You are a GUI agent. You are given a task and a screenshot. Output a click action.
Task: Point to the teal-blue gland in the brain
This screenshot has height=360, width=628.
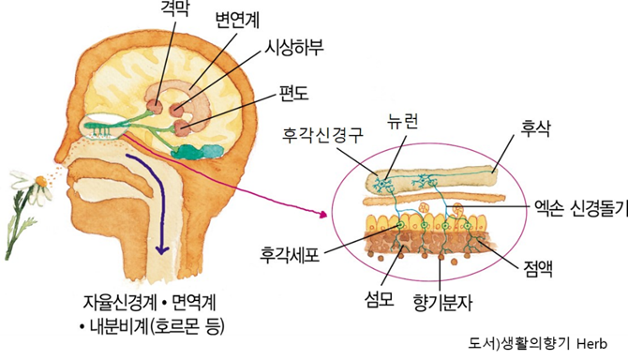[194, 149]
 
